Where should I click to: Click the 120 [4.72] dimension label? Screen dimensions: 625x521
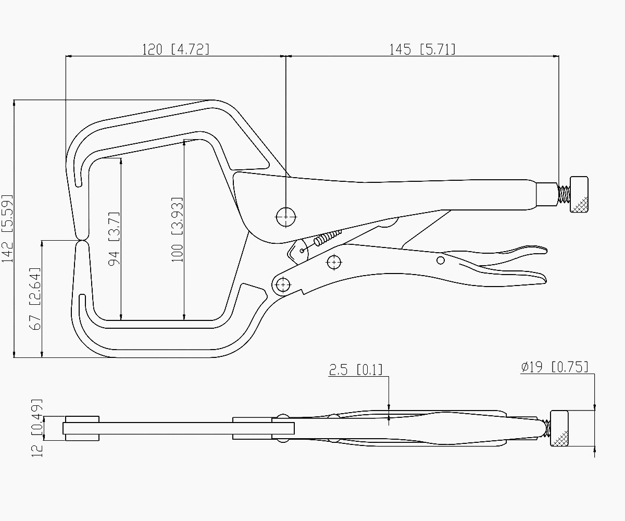tap(176, 49)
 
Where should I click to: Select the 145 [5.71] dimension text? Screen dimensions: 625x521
tap(422, 49)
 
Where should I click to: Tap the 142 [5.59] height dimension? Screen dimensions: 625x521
tap(7, 229)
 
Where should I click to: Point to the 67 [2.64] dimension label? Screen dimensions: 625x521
tap(35, 299)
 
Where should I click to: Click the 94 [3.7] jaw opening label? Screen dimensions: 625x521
tap(114, 239)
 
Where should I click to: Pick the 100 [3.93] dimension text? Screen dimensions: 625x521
tap(177, 230)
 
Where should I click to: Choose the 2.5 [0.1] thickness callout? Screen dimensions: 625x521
tap(356, 370)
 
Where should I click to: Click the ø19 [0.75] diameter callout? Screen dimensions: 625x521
tap(555, 367)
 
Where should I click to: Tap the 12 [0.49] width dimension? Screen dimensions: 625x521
tap(37, 428)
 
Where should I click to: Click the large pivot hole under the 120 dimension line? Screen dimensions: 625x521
tap(286, 217)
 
